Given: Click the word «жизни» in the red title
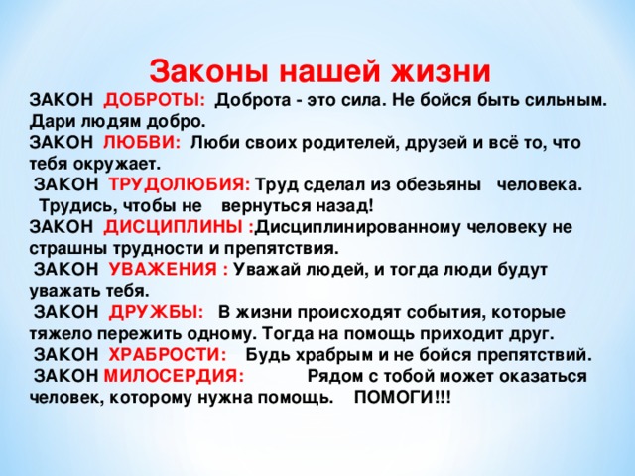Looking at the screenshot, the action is (441, 71).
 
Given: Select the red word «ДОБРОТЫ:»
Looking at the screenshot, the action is (155, 100).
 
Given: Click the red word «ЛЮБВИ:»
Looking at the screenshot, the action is (142, 143).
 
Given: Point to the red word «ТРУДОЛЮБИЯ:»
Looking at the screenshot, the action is (180, 184).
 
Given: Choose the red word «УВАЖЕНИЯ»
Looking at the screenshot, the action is (163, 269).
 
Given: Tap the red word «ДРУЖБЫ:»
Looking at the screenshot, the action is (157, 312).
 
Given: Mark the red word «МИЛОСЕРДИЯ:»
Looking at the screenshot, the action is (175, 376).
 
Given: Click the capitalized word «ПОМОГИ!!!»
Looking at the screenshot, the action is (402, 397).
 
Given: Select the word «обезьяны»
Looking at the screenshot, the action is (439, 185).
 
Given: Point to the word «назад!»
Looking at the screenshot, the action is (344, 206).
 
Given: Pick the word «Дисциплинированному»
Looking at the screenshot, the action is (358, 227).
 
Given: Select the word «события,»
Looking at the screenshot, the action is (444, 313).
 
